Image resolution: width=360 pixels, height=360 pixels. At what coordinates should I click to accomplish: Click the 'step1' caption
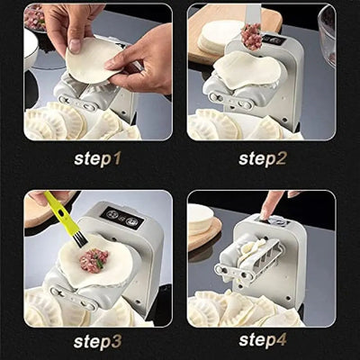pyautogui.click(x=97, y=158)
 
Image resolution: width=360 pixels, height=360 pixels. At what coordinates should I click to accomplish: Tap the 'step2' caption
pyautogui.click(x=263, y=158)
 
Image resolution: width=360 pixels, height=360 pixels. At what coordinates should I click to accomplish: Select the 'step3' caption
pyautogui.click(x=97, y=342)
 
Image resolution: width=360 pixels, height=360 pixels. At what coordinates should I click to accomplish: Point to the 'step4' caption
pyautogui.click(x=263, y=342)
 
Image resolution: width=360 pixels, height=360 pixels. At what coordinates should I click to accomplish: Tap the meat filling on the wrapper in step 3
pyautogui.click(x=93, y=260)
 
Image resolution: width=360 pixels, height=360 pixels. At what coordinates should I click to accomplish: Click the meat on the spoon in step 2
pyautogui.click(x=251, y=37)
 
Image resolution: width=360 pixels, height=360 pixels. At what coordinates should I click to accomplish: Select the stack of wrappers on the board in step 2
pyautogui.click(x=220, y=36)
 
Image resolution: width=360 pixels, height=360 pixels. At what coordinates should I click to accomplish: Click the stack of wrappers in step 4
pyautogui.click(x=201, y=220)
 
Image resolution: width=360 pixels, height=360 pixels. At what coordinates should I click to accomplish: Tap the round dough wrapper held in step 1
pyautogui.click(x=90, y=58)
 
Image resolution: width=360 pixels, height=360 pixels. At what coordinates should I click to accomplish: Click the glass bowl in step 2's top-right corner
pyautogui.click(x=326, y=31)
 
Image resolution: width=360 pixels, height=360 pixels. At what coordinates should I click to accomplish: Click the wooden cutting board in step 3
pyautogui.click(x=40, y=209)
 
